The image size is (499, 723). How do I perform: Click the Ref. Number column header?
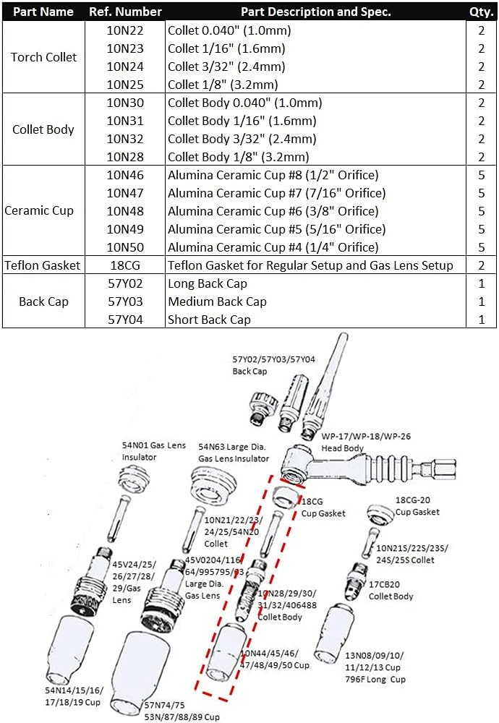(x=126, y=12)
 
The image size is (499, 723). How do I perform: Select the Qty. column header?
(x=481, y=12)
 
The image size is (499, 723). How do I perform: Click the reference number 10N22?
(x=126, y=30)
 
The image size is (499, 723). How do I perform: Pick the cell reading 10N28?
(x=126, y=157)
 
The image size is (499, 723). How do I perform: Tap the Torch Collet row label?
(x=43, y=57)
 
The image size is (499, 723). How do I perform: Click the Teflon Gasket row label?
(x=42, y=265)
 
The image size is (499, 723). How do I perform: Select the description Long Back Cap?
(x=208, y=283)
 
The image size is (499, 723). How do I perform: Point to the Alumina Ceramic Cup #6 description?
(x=273, y=211)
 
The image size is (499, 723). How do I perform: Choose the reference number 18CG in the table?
(x=126, y=265)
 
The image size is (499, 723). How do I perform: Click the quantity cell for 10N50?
(x=481, y=247)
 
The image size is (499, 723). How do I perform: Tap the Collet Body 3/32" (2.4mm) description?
(x=242, y=139)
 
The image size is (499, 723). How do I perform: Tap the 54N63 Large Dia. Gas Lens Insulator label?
(x=234, y=453)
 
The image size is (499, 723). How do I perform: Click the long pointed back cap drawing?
(x=323, y=398)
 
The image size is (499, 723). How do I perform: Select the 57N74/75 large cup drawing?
(x=145, y=669)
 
